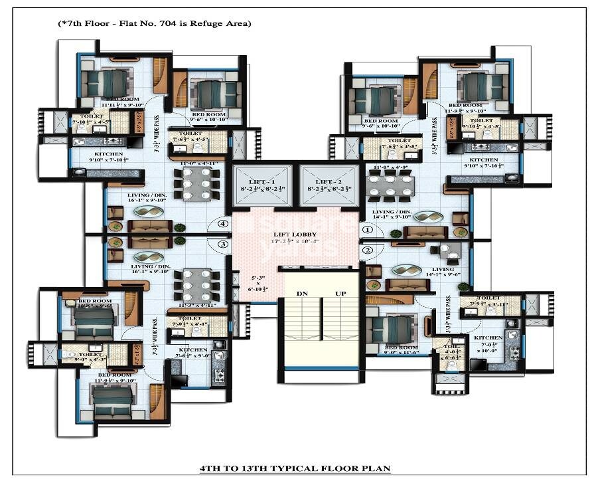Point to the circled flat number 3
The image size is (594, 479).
click(x=224, y=244)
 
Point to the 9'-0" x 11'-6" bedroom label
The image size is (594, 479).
click(x=401, y=350)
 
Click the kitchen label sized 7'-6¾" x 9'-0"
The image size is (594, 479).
click(x=192, y=353)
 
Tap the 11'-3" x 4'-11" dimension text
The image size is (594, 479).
click(x=194, y=305)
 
